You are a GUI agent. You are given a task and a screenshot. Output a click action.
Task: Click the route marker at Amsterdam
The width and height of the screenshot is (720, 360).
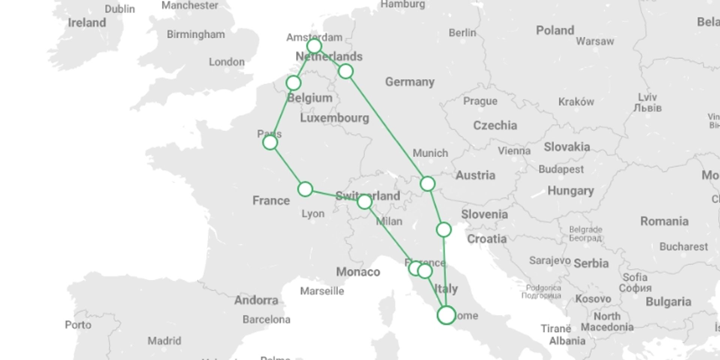tap(314, 46)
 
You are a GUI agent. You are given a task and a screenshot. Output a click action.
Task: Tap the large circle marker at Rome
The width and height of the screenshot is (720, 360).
tap(446, 315)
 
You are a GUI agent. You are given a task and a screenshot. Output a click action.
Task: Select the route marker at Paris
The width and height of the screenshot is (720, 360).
tap(270, 142)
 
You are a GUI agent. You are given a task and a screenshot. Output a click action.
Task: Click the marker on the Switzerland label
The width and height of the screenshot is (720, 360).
tap(364, 202)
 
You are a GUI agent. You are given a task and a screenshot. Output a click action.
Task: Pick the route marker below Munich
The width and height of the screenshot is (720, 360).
tap(427, 184)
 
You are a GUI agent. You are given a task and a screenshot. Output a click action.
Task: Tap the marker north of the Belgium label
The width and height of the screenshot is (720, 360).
tap(293, 83)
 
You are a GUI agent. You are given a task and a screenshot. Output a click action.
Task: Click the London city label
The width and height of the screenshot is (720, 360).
tap(226, 62)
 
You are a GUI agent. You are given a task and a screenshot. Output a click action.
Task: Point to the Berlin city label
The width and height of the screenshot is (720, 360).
tap(462, 33)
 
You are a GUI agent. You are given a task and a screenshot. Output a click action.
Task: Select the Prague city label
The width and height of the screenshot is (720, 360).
tap(480, 101)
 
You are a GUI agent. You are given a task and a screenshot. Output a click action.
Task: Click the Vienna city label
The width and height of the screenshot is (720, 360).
tap(514, 151)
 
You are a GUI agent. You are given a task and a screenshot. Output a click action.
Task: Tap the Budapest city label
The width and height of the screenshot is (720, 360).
tap(561, 169)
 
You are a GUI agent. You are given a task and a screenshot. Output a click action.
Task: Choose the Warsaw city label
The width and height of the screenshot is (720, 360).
tap(595, 41)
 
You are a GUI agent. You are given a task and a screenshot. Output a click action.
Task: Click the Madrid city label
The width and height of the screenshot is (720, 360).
tap(164, 341)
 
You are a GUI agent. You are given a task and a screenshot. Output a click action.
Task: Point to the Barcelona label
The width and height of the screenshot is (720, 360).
tap(266, 319)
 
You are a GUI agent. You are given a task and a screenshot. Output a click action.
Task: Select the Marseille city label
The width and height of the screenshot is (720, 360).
tap(322, 291)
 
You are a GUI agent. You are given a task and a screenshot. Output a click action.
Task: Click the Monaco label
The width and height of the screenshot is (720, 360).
tap(358, 272)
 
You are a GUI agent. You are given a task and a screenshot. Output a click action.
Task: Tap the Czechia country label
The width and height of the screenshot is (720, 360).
tap(495, 125)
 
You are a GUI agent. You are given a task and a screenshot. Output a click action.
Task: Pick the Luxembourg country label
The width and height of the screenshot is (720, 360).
tap(334, 118)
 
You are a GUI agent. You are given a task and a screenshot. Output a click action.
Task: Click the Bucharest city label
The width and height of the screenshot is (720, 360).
tap(683, 247)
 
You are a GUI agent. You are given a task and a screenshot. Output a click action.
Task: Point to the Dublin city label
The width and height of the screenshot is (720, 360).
tap(120, 9)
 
